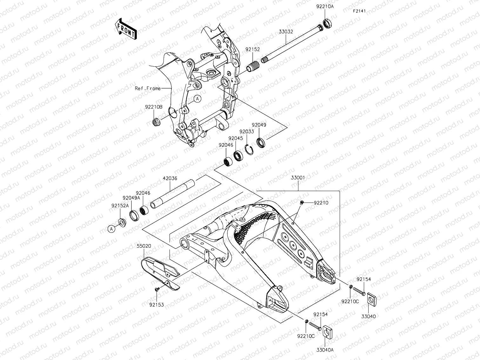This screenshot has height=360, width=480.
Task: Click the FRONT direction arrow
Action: [x=126, y=29]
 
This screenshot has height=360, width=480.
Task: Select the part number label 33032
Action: [x=286, y=32]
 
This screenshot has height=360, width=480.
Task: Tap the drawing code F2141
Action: [x=360, y=11]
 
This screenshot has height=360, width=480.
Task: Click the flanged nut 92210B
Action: [x=157, y=122]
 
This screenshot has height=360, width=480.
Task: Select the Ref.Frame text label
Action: [x=148, y=89]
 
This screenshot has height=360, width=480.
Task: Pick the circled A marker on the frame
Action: [x=197, y=99]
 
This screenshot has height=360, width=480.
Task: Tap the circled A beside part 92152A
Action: [x=111, y=229]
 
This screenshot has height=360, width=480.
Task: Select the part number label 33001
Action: [x=297, y=178]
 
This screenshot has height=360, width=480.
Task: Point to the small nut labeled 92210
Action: [x=302, y=202]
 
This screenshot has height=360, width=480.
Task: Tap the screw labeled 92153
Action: [x=157, y=290]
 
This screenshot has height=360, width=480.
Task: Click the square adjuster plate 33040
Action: [x=371, y=298]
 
